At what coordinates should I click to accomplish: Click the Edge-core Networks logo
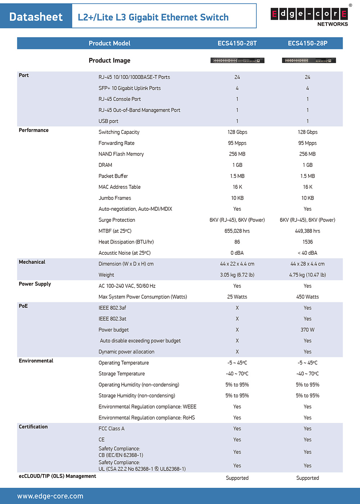[x=309, y=16]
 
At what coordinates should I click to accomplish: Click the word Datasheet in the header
[x=36, y=17]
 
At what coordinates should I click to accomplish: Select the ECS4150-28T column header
[x=237, y=43]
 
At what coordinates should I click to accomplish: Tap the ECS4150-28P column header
[x=307, y=43]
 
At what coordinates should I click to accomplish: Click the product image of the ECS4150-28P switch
[x=309, y=61]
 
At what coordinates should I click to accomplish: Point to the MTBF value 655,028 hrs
[x=237, y=231]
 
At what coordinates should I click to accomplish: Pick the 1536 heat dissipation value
[x=307, y=242]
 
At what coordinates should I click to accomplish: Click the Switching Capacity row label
[x=119, y=132]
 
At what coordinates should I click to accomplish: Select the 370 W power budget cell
[x=307, y=330]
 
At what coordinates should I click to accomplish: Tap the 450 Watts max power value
[x=307, y=297]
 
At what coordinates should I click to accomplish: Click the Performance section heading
[x=33, y=130]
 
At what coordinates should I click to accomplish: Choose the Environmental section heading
[x=36, y=361]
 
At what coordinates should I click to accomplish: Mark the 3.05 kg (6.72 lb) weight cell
[x=237, y=275]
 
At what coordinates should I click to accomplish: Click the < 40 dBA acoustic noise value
[x=307, y=253]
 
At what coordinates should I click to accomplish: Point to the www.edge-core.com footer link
[x=50, y=496]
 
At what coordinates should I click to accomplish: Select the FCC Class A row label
[x=111, y=429]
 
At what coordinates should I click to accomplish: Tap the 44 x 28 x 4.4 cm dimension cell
[x=307, y=264]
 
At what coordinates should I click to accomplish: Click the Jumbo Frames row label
[x=114, y=198]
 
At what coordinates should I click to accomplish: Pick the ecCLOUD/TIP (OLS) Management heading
[x=57, y=476]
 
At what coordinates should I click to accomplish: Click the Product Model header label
[x=109, y=43]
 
